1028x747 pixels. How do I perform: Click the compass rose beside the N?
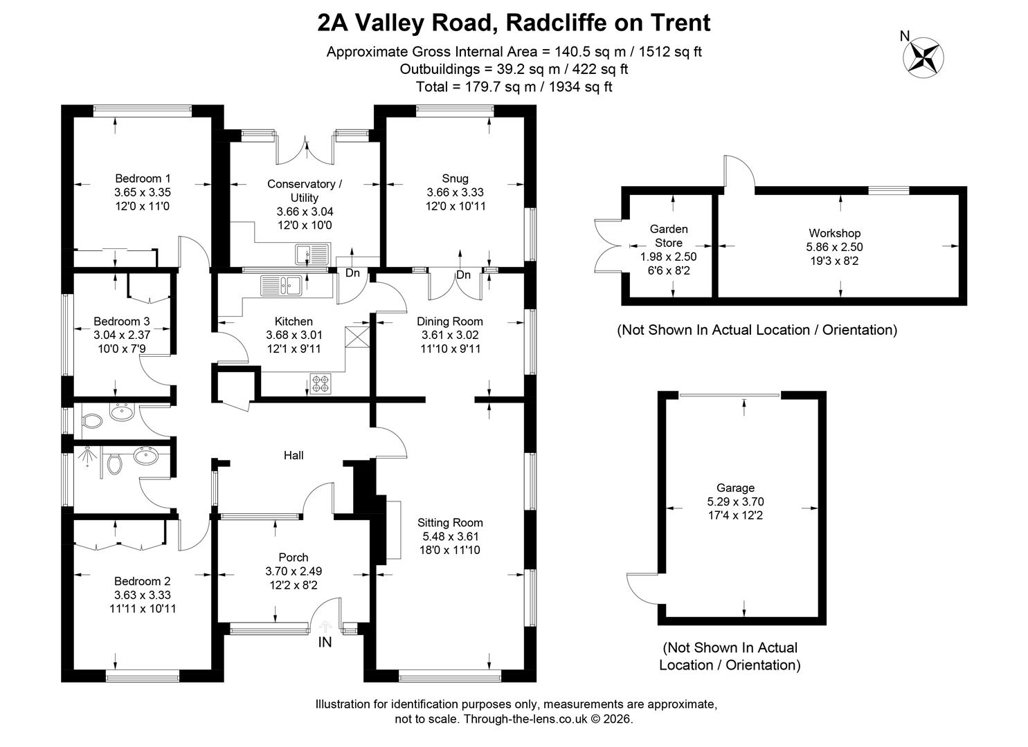923,57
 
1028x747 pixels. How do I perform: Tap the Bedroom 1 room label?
143,178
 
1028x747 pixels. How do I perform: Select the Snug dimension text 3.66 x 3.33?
455,192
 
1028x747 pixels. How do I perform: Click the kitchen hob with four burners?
320,385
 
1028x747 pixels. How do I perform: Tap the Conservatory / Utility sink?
312,255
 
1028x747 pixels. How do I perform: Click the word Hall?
294,455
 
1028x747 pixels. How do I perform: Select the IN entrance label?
325,642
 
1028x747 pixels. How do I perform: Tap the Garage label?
735,488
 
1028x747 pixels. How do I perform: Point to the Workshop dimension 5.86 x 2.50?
834,247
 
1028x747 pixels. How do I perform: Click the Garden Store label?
668,236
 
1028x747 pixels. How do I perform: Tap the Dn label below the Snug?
463,274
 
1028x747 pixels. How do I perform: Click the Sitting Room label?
450,522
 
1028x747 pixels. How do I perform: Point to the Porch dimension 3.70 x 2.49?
294,571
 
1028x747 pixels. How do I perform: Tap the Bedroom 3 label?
121,321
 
